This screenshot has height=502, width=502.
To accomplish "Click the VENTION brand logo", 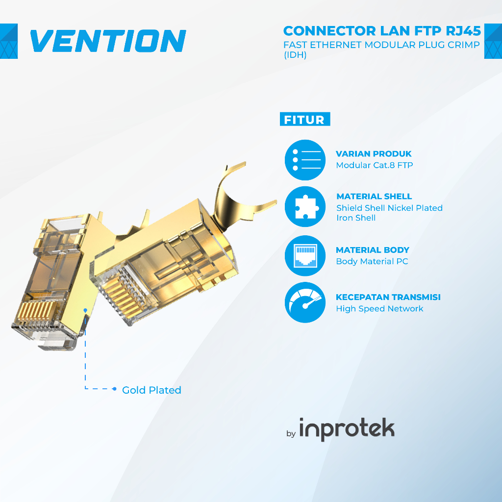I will point(108,41).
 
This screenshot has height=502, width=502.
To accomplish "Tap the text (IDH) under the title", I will point(295,55).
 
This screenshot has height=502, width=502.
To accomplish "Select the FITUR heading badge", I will point(304,120).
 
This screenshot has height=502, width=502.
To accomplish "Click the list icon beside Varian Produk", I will point(305,160).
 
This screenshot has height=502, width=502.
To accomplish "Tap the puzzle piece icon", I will point(305,207).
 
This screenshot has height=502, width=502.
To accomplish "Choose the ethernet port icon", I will point(305,255).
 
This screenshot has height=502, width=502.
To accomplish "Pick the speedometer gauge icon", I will point(305,302).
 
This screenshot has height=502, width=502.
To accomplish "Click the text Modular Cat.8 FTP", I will point(374,165).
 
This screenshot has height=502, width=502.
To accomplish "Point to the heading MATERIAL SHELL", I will point(374,197).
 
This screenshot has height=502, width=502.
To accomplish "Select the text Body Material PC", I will point(372,261).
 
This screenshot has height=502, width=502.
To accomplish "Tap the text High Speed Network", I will point(379,308).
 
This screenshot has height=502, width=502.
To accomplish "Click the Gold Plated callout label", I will point(151,390).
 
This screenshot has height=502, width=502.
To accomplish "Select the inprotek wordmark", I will point(347,429).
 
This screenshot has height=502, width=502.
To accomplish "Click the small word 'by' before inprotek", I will point(291,433).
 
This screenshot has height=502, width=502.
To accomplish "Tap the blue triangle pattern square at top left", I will point(9,41).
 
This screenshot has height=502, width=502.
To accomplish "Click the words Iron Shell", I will point(356,218).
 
